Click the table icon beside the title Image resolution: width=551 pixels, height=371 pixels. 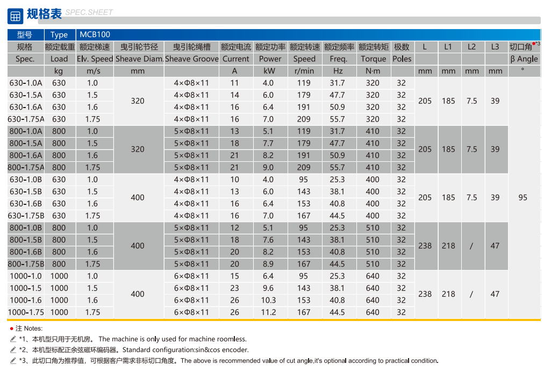click(15, 16)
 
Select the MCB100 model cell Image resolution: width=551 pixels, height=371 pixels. click(95, 34)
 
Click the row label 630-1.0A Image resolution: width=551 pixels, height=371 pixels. click(26, 83)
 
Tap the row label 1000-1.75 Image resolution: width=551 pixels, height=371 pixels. click(26, 312)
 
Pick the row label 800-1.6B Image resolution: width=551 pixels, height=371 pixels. click(26, 252)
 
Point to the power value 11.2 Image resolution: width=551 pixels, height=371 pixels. click(268, 312)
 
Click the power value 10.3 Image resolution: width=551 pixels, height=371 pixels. click(268, 300)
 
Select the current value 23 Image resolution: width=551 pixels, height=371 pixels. click(234, 288)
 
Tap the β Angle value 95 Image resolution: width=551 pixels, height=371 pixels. click(523, 197)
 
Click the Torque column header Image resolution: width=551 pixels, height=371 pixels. click(373, 59)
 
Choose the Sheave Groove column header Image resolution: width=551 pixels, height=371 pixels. click(192, 59)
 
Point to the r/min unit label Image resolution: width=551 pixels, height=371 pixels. click(304, 70)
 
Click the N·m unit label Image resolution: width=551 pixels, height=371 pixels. click(373, 70)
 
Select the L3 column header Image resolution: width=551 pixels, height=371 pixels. click(495, 47)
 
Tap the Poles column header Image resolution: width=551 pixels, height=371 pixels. click(402, 59)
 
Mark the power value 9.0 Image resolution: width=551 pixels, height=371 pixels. click(268, 167)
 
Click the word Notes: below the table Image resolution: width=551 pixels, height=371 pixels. click(33, 328)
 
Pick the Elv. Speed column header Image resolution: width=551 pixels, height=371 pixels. click(95, 59)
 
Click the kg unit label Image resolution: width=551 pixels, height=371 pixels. click(59, 70)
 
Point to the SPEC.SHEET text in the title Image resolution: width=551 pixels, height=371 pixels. click(89, 12)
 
